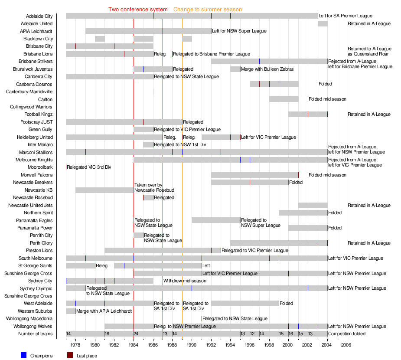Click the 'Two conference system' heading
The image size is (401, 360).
(138, 10)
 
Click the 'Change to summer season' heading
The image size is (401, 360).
(208, 10)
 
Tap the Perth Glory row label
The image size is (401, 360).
(41, 243)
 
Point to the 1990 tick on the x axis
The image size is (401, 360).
(192, 345)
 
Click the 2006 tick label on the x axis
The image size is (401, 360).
(346, 345)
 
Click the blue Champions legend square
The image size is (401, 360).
(23, 356)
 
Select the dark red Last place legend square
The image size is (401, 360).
(70, 356)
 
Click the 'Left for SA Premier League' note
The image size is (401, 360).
(346, 16)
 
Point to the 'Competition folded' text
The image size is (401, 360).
(347, 334)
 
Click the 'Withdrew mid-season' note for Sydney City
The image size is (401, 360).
(185, 281)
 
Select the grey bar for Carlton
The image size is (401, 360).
(284, 99)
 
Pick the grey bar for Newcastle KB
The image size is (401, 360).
(104, 190)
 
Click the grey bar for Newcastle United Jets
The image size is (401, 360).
(313, 205)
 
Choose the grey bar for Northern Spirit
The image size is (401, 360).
(303, 213)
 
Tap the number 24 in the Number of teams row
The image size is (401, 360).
(136, 334)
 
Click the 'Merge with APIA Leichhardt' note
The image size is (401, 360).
(104, 311)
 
